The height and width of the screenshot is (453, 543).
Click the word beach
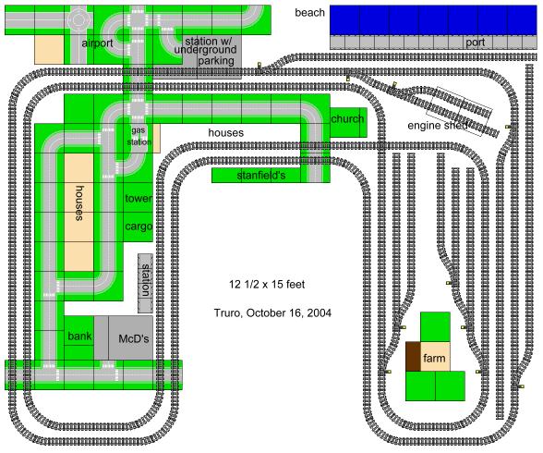click(x=309, y=13)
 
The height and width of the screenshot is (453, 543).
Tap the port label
click(x=475, y=43)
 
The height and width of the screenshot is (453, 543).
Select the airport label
click(x=97, y=43)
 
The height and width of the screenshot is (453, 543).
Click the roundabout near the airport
click(x=79, y=20)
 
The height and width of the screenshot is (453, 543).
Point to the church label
click(x=347, y=119)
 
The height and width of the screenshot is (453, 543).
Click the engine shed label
click(x=438, y=125)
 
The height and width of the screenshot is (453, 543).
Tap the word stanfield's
click(x=261, y=176)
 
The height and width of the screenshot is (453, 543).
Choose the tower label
click(x=139, y=199)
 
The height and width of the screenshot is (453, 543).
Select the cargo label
click(x=139, y=226)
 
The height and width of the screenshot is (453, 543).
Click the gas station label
click(x=139, y=136)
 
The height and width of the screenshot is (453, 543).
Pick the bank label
click(x=79, y=336)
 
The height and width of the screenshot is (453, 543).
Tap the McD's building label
click(x=134, y=338)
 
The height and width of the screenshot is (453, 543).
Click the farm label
click(x=434, y=358)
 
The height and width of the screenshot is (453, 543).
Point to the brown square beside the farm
click(x=413, y=356)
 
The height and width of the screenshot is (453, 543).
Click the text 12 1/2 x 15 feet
click(x=267, y=285)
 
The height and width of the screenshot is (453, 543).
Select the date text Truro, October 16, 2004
click(x=272, y=313)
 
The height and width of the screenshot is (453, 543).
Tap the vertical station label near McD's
click(x=146, y=280)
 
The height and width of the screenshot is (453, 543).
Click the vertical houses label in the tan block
click(x=79, y=203)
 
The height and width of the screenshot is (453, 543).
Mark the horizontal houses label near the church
click(x=225, y=133)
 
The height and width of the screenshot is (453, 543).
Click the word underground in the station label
click(x=205, y=50)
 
